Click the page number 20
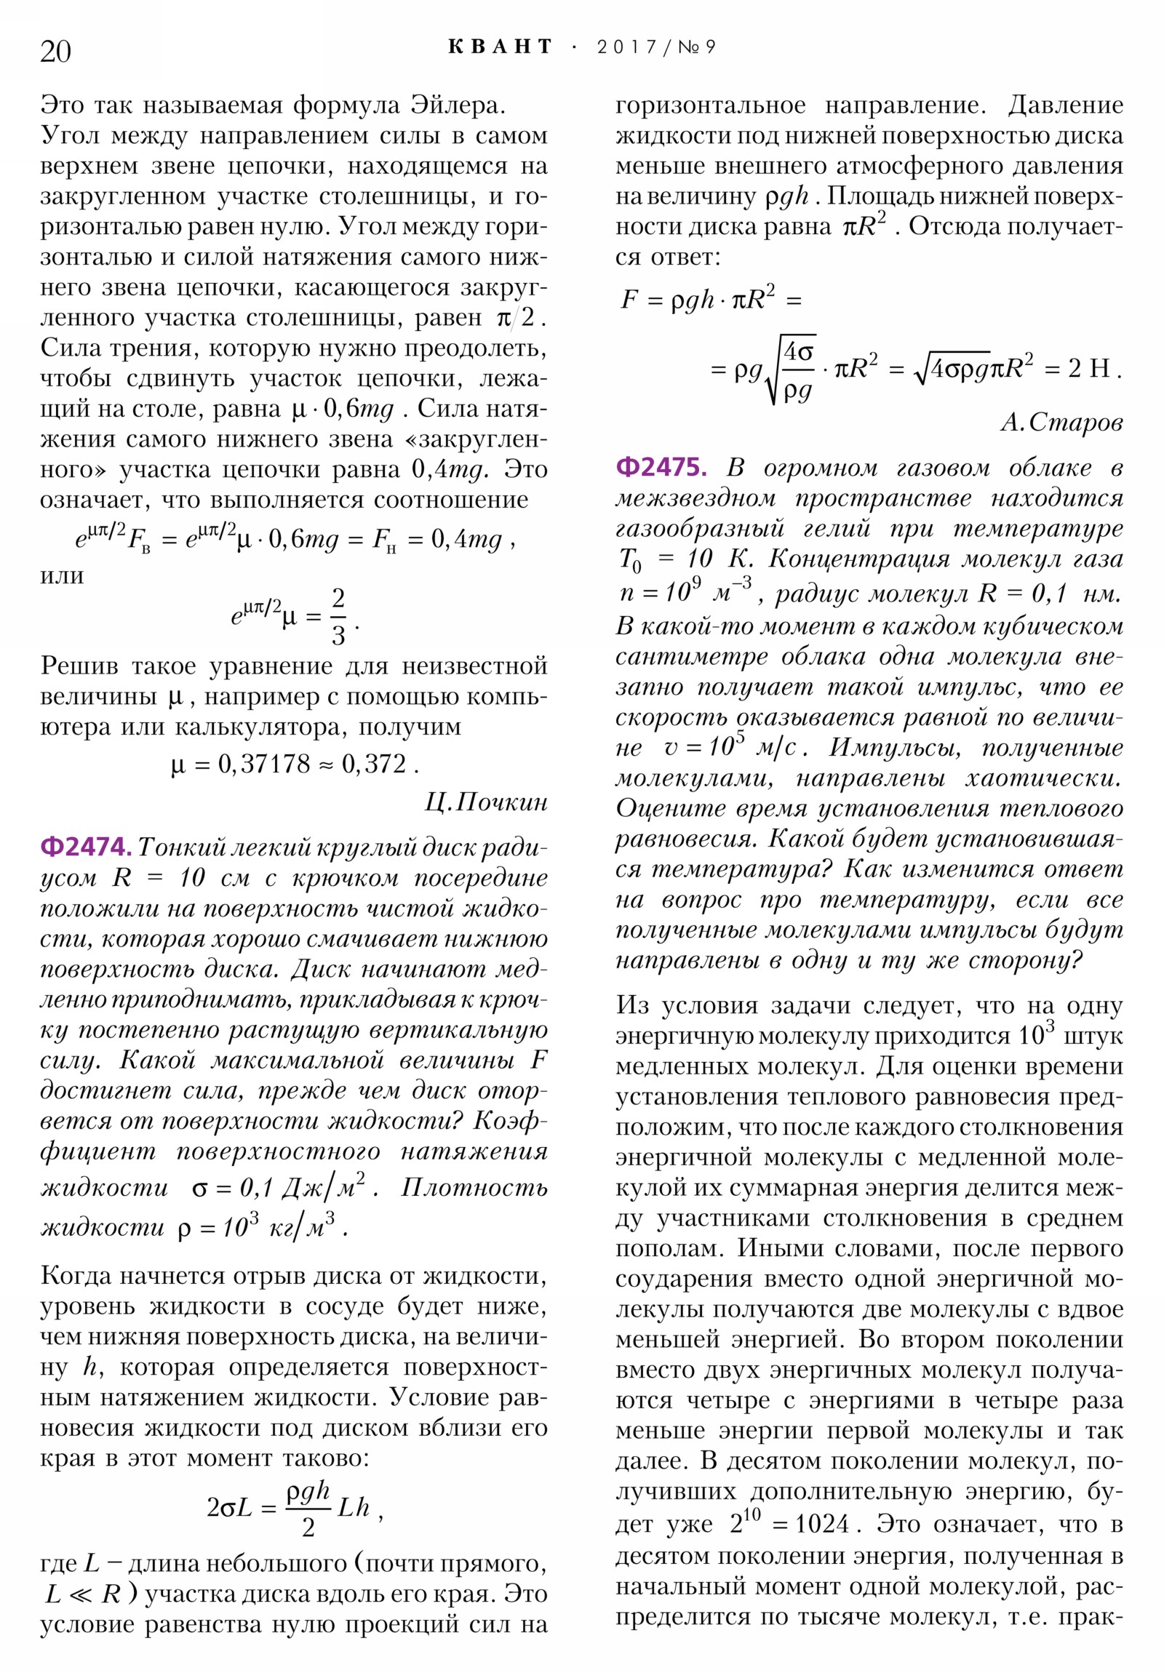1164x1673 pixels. pos(55,52)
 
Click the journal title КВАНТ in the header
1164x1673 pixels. pos(500,47)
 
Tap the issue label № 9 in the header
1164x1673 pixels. pos(697,47)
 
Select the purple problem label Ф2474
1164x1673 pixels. pos(86,847)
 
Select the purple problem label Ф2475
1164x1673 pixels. pos(661,466)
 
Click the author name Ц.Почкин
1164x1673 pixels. pos(485,802)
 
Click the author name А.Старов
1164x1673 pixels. pos(1061,422)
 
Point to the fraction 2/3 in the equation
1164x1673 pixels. pos(338,617)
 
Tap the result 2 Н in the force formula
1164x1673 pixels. pos(1089,369)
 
